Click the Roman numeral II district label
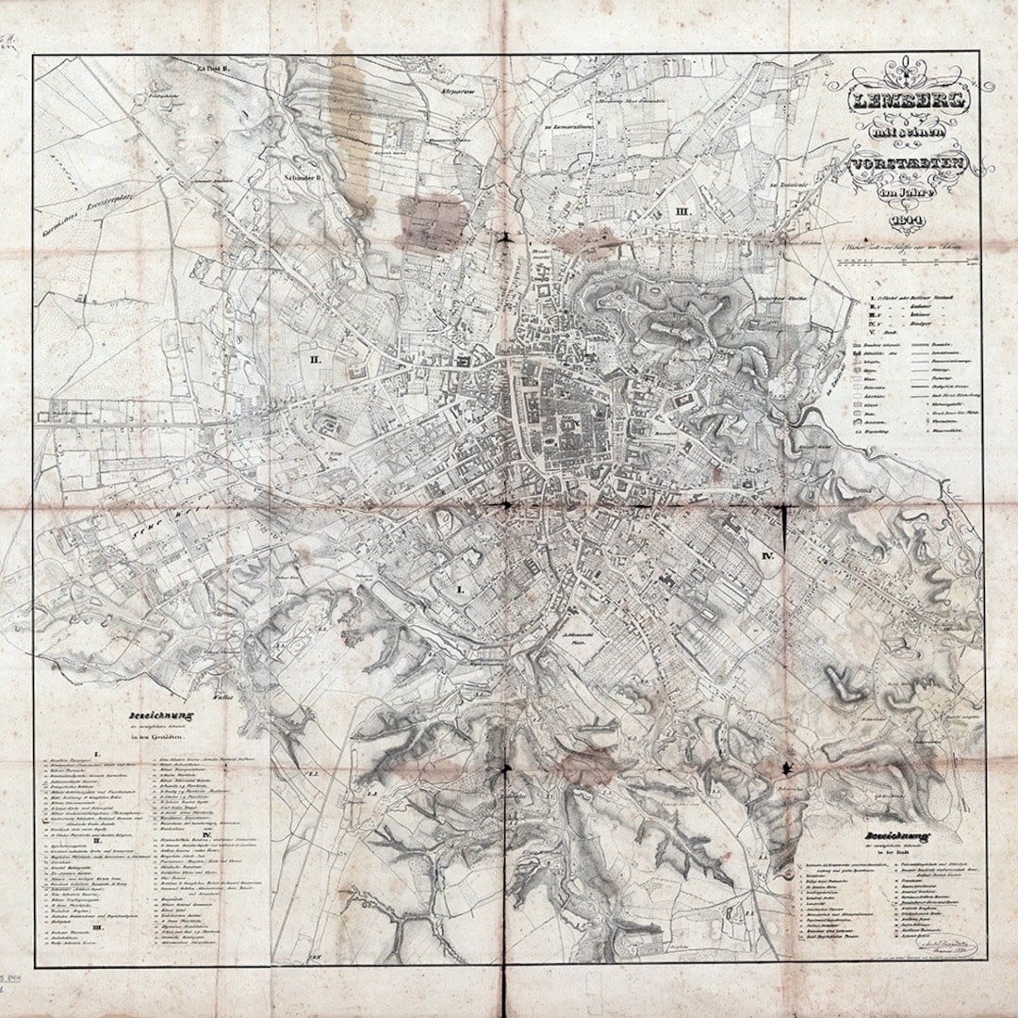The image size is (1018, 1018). pos(316,359)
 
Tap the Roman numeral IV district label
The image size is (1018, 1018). pos(766,557)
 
